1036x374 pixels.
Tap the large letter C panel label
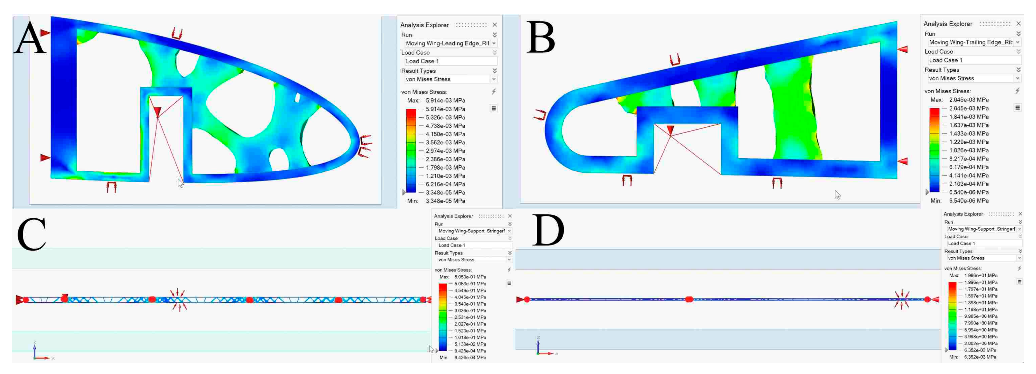(x=32, y=234)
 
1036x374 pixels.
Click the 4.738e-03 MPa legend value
(x=445, y=126)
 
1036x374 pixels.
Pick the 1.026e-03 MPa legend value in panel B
(x=968, y=150)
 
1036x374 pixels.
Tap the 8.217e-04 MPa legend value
(x=968, y=159)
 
